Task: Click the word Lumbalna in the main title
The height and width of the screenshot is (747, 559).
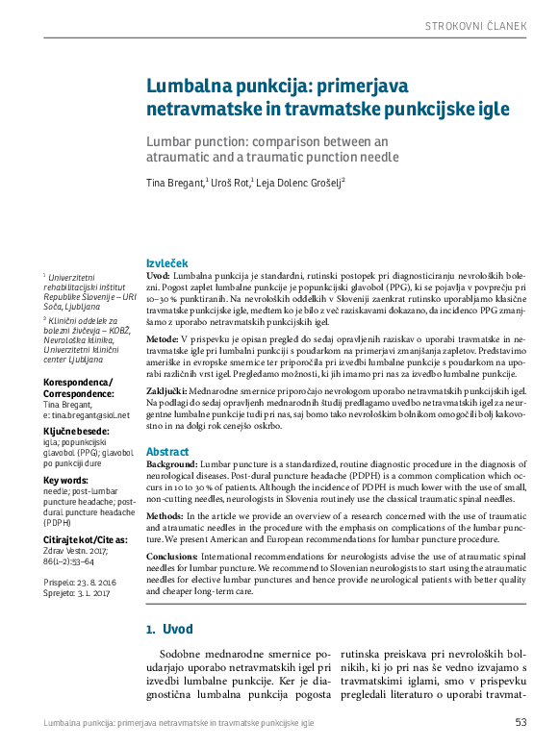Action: click(x=190, y=86)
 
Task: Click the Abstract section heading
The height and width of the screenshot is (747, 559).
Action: click(x=166, y=451)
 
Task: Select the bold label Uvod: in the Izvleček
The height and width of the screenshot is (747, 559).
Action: click(x=158, y=276)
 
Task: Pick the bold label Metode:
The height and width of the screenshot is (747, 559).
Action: click(x=161, y=340)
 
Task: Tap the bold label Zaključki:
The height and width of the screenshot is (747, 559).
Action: click(x=166, y=393)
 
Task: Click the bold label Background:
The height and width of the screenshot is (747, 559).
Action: click(x=173, y=464)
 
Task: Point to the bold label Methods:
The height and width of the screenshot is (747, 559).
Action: click(x=165, y=516)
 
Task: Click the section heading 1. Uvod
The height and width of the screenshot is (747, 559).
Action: click(x=168, y=630)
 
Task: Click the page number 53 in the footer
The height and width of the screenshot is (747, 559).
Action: click(x=521, y=723)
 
